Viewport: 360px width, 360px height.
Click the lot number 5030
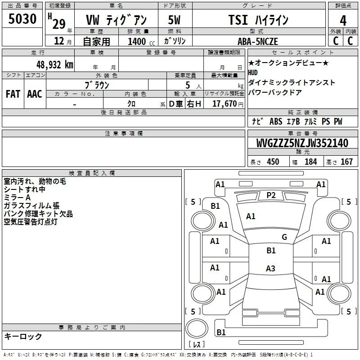(22, 18)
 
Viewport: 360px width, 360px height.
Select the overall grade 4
(343, 21)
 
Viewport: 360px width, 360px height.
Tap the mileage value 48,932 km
(55, 65)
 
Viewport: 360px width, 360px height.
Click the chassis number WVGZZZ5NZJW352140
(302, 143)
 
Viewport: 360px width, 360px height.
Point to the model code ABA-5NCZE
(258, 41)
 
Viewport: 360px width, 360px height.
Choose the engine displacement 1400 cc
(141, 41)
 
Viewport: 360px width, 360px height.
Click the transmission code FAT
(13, 94)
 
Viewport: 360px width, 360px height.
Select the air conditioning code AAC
(35, 94)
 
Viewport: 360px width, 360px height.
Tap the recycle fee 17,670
(225, 103)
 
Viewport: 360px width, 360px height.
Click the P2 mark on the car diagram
(271, 195)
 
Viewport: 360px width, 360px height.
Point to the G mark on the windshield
(284, 237)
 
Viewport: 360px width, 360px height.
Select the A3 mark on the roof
(270, 268)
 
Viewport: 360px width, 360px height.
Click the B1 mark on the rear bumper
(221, 332)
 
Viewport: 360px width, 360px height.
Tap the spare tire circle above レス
(197, 328)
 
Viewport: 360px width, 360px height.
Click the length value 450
(273, 162)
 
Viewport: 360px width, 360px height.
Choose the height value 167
(346, 162)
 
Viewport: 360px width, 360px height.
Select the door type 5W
(174, 20)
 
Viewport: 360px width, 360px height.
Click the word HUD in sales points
(253, 73)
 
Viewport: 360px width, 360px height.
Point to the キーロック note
(23, 336)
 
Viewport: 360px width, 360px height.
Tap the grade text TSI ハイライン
(258, 20)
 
